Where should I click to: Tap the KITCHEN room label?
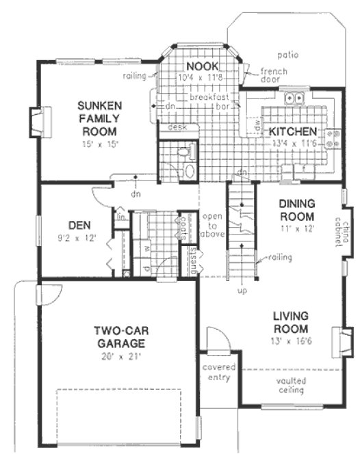[x=292, y=131]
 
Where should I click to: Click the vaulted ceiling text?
[x=292, y=385]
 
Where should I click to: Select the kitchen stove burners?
[x=333, y=139]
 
